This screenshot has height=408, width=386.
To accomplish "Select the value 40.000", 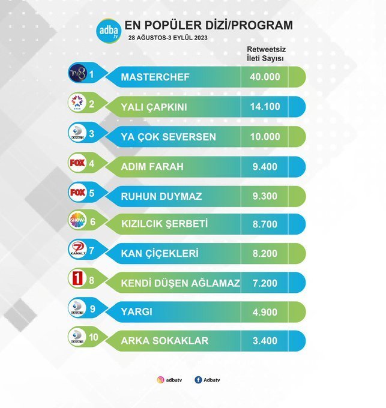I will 265,77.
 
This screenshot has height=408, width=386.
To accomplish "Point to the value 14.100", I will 265,107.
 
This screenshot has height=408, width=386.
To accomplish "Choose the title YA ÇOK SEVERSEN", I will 169,137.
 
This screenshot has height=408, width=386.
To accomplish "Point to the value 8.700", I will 265,224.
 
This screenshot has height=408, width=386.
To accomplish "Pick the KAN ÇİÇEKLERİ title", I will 160,254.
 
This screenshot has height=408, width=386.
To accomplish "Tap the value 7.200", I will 265,283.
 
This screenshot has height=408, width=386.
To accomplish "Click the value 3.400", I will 265,341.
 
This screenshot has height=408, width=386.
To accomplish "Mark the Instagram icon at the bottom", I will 160,379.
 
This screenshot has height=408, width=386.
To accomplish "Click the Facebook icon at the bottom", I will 198,379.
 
